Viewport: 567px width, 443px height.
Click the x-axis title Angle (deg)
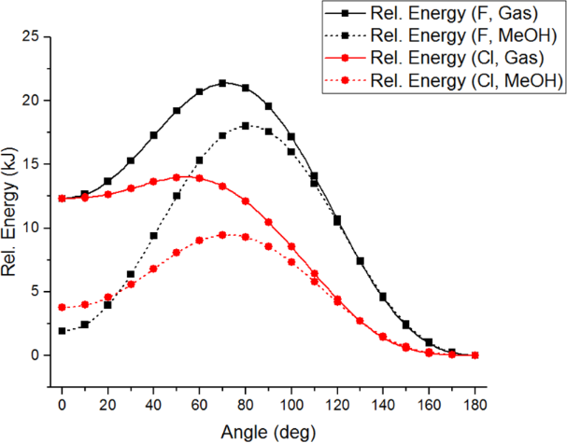click(x=268, y=433)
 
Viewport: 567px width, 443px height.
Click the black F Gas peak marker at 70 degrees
click(x=222, y=83)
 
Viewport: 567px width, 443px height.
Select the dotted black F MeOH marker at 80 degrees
click(x=246, y=125)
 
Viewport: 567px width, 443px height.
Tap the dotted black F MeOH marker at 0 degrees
click(x=62, y=331)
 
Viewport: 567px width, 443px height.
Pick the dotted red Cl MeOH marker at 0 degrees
click(x=62, y=308)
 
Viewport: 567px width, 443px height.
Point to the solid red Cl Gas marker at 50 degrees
click(x=177, y=176)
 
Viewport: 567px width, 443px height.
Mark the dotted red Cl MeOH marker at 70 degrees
click(x=222, y=235)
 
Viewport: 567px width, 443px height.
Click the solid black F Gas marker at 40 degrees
click(x=153, y=135)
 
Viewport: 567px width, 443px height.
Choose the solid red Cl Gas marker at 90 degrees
click(x=268, y=222)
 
